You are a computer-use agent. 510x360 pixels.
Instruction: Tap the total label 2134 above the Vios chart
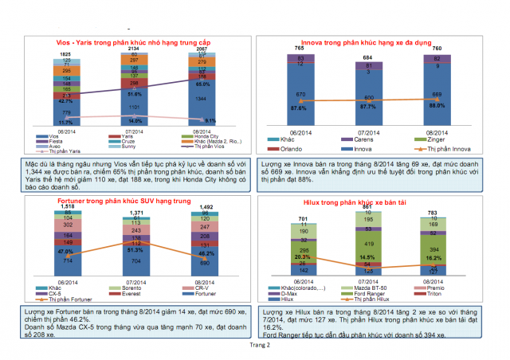(x=133, y=49)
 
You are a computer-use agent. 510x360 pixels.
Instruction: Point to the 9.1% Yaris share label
(x=209, y=120)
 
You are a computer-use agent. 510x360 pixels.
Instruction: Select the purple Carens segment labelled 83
(x=300, y=58)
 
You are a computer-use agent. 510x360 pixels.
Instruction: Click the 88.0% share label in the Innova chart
(x=435, y=106)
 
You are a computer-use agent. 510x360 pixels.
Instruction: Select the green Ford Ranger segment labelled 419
(x=367, y=241)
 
